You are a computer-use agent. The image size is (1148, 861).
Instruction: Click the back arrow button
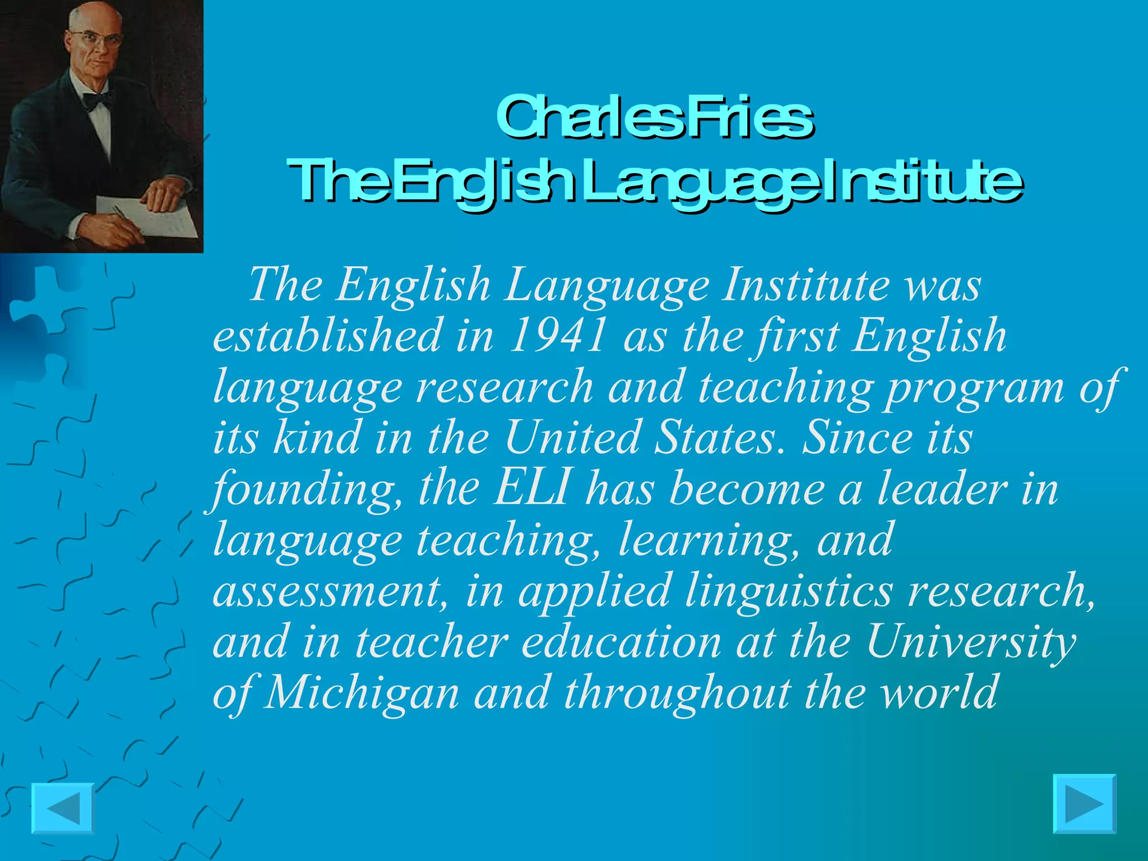[x=62, y=808]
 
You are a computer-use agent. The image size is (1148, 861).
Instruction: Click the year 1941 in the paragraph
[x=558, y=335]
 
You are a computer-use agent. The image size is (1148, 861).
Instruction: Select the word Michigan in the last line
[x=361, y=693]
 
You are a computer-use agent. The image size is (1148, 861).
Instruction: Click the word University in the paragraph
[x=971, y=642]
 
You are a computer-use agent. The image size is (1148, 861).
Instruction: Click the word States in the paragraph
[x=722, y=437]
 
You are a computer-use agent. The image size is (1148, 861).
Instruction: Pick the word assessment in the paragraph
[x=327, y=592]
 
